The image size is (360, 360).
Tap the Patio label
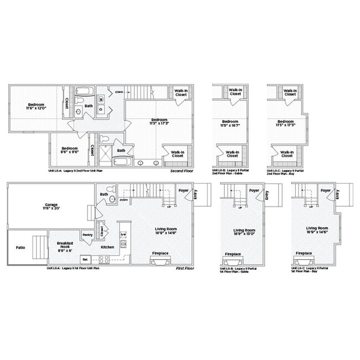(x=19, y=247)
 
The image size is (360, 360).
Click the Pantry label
(x=87, y=235)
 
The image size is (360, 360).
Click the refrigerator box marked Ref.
(x=85, y=259)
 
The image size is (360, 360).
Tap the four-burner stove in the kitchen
(x=102, y=258)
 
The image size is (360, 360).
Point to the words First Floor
(x=184, y=268)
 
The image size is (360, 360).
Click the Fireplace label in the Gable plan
(x=233, y=254)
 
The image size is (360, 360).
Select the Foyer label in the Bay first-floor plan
(x=326, y=191)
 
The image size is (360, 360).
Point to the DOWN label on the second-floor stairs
(x=119, y=91)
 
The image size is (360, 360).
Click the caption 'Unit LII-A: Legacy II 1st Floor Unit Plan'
(x=73, y=268)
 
